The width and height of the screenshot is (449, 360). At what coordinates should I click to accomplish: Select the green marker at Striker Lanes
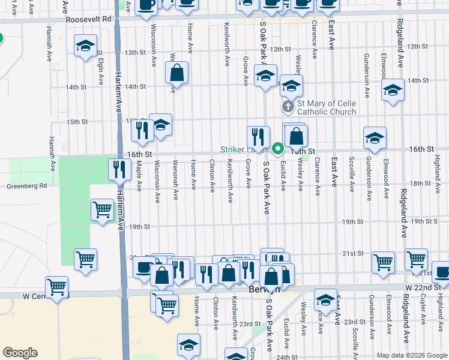(x=277, y=149)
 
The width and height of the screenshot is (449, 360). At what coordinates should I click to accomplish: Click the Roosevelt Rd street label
(x=89, y=19)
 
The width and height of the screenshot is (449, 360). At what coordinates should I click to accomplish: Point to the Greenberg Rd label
(x=26, y=186)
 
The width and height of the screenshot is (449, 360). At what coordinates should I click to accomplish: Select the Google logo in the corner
(x=20, y=353)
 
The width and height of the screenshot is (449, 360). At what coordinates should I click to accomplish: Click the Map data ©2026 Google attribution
(x=411, y=355)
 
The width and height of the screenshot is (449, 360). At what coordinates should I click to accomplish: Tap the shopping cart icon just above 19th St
(x=101, y=210)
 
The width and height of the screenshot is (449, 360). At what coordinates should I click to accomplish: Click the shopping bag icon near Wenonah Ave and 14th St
(x=177, y=73)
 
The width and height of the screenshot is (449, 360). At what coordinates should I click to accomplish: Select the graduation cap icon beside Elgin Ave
(x=85, y=45)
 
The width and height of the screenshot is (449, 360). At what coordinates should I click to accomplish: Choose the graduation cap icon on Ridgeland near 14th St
(x=393, y=90)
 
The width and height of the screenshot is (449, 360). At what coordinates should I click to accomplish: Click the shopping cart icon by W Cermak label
(x=57, y=287)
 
